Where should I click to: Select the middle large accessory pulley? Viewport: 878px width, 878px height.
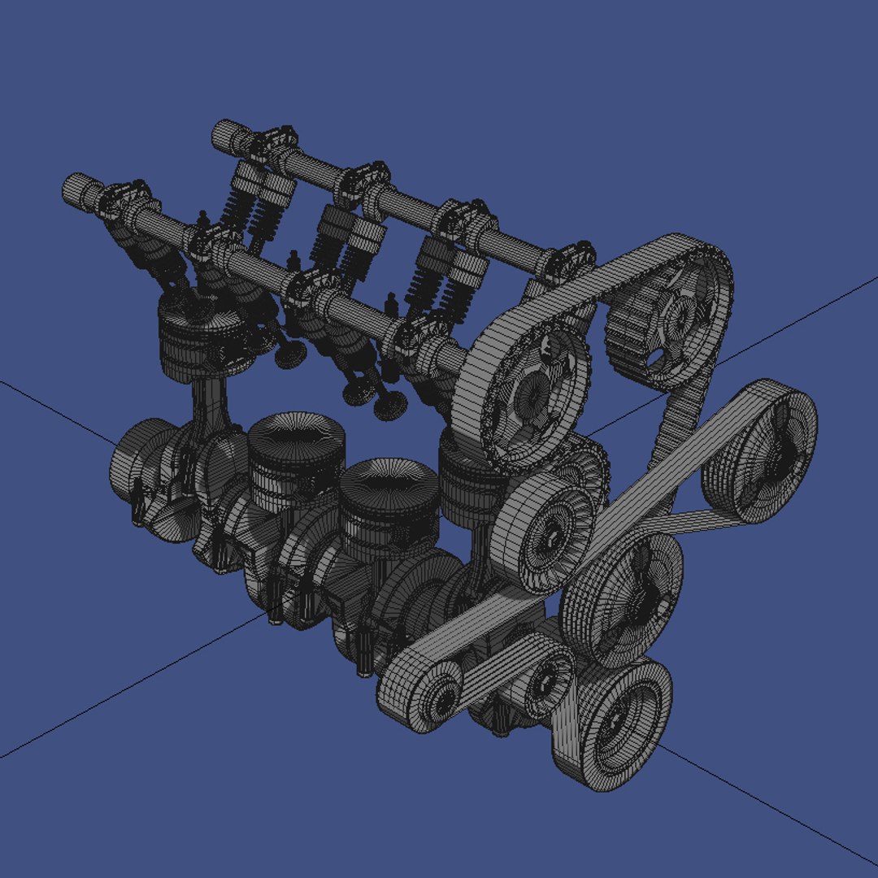point(626,598)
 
